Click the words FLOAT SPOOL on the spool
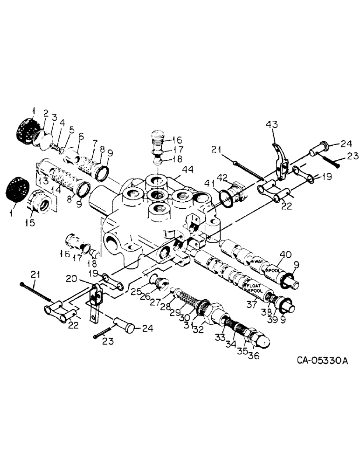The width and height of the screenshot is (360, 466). tap(255, 286)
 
